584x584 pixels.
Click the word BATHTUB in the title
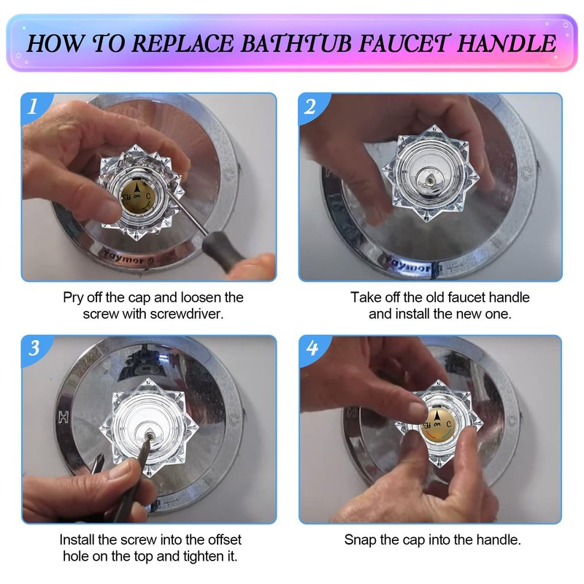tap(296, 44)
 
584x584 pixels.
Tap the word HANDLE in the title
tap(507, 44)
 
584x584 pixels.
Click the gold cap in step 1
tap(137, 196)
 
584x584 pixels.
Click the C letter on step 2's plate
tap(525, 174)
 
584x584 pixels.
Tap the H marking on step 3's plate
tap(64, 418)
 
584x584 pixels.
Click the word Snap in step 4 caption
tap(360, 539)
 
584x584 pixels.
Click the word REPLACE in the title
tap(183, 44)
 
